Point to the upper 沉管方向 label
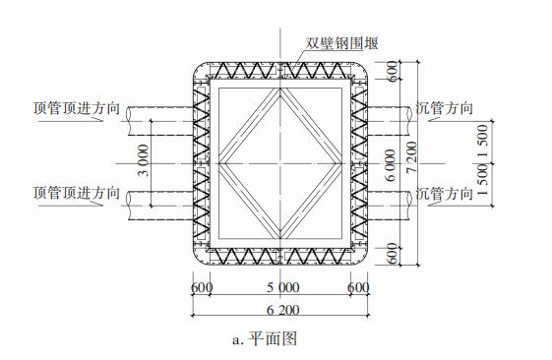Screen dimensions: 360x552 point(444,108)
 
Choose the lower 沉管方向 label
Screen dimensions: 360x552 point(444,193)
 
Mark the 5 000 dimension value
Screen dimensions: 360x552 point(281,287)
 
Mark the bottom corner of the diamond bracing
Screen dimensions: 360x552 point(282,226)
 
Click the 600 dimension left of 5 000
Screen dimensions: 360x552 point(202,287)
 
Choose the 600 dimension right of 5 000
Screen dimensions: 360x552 point(360,287)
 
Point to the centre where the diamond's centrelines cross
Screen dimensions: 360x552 point(282,160)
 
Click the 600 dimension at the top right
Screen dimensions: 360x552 point(392,72)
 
